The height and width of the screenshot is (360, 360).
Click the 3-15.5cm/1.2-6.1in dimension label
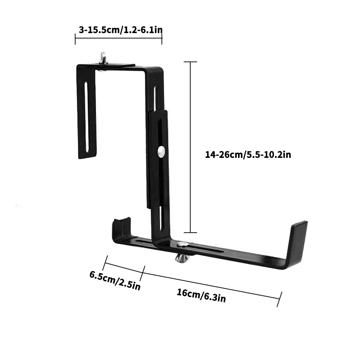coord(118,29)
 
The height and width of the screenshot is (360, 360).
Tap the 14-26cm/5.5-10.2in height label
coord(248,155)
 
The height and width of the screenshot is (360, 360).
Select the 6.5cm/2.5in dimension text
coord(115,281)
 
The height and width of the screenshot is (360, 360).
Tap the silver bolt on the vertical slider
coord(161,152)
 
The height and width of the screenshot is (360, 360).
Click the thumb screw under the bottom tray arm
coord(182,258)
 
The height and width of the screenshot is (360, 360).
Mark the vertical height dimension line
coord(191,147)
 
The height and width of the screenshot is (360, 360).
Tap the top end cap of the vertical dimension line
coord(191,62)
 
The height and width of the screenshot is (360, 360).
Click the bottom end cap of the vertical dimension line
coord(191,233)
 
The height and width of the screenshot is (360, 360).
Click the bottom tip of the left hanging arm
coord(87,157)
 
